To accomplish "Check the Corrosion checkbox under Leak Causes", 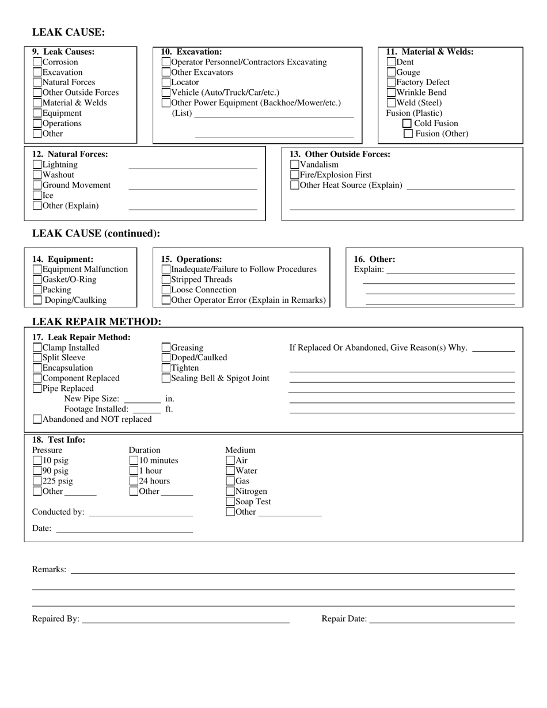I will click(x=37, y=62).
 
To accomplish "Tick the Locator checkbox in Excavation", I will click(x=166, y=82).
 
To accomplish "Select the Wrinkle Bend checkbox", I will click(x=392, y=93).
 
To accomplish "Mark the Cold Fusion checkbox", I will click(x=407, y=123).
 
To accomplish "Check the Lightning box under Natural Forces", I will click(x=37, y=165).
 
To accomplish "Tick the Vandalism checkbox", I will click(x=295, y=165).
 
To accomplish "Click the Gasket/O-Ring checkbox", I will click(x=37, y=280).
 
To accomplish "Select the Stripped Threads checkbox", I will click(x=166, y=280).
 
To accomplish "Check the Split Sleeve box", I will click(x=37, y=358).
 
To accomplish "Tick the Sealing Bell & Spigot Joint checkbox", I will click(x=166, y=378).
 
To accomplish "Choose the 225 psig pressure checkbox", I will click(x=37, y=481).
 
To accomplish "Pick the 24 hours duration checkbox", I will click(x=134, y=481).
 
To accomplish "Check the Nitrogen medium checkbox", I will click(x=231, y=492).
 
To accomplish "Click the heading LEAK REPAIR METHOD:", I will click(x=97, y=322).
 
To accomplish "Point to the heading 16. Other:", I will click(x=374, y=260).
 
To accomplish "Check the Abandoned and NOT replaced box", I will click(x=37, y=420).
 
